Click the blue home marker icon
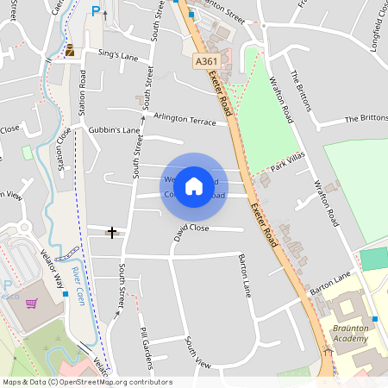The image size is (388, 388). (x=194, y=185)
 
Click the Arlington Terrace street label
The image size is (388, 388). (x=185, y=119)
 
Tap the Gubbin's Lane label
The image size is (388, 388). (x=114, y=130)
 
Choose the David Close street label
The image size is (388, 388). (x=190, y=228)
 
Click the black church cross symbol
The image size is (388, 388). (x=112, y=232)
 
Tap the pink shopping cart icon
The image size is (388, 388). (x=32, y=303)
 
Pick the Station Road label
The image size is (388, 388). (x=83, y=91)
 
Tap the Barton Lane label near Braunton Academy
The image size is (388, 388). (x=331, y=284)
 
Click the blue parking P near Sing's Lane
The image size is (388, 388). (x=96, y=13)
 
